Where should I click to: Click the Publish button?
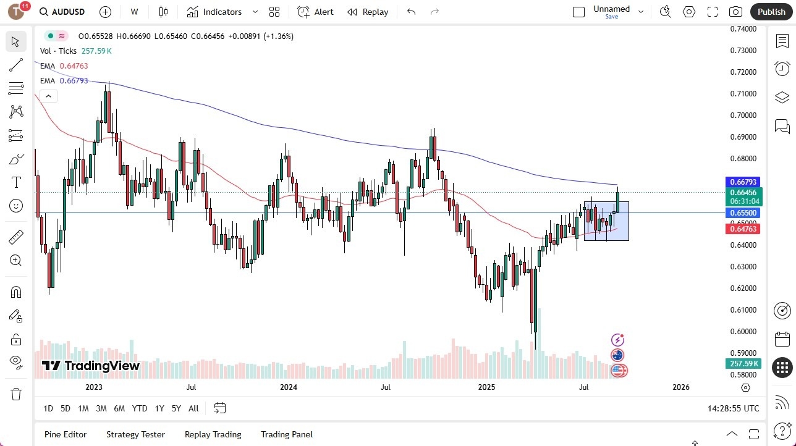(771, 12)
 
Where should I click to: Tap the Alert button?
(315, 12)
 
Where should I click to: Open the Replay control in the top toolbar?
(368, 12)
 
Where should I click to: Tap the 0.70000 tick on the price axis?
(743, 116)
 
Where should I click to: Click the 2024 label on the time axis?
(289, 387)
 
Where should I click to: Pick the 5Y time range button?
(176, 408)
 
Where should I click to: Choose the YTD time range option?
(140, 408)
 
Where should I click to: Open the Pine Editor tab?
(66, 434)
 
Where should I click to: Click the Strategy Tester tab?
(135, 434)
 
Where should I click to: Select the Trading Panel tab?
(287, 434)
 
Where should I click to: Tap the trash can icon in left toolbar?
(16, 394)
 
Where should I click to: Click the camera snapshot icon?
(735, 12)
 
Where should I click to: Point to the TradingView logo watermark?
(91, 366)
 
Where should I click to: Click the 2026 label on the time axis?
(680, 387)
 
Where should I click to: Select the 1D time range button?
(48, 408)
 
